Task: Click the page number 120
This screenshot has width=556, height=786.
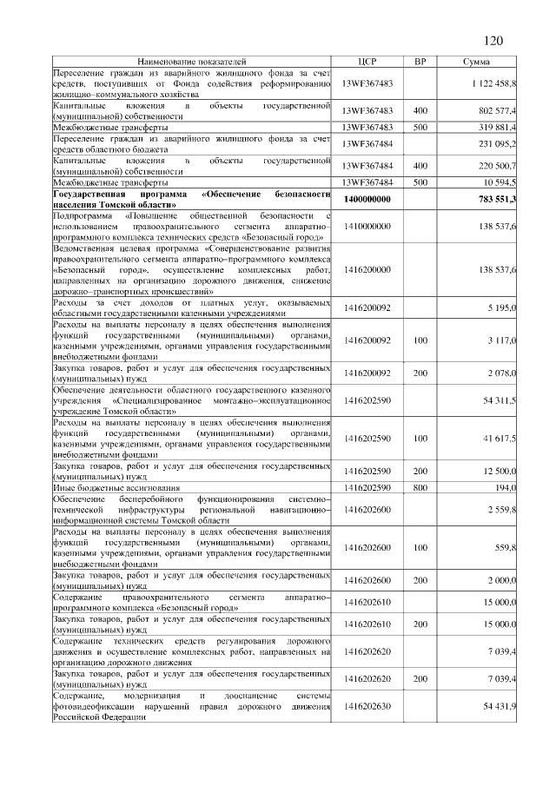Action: pos(493,40)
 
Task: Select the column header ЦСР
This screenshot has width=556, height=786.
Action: pos(367,62)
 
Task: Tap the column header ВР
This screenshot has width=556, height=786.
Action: pos(420,62)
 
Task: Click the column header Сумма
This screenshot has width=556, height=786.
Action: pos(476,62)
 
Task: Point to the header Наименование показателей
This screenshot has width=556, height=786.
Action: pos(192,62)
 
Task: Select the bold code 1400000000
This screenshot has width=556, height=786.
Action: pos(367,199)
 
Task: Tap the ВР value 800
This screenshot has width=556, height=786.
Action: pos(420,489)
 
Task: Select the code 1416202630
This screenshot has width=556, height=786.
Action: pos(367,707)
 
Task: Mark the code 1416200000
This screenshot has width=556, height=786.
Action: pos(367,270)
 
